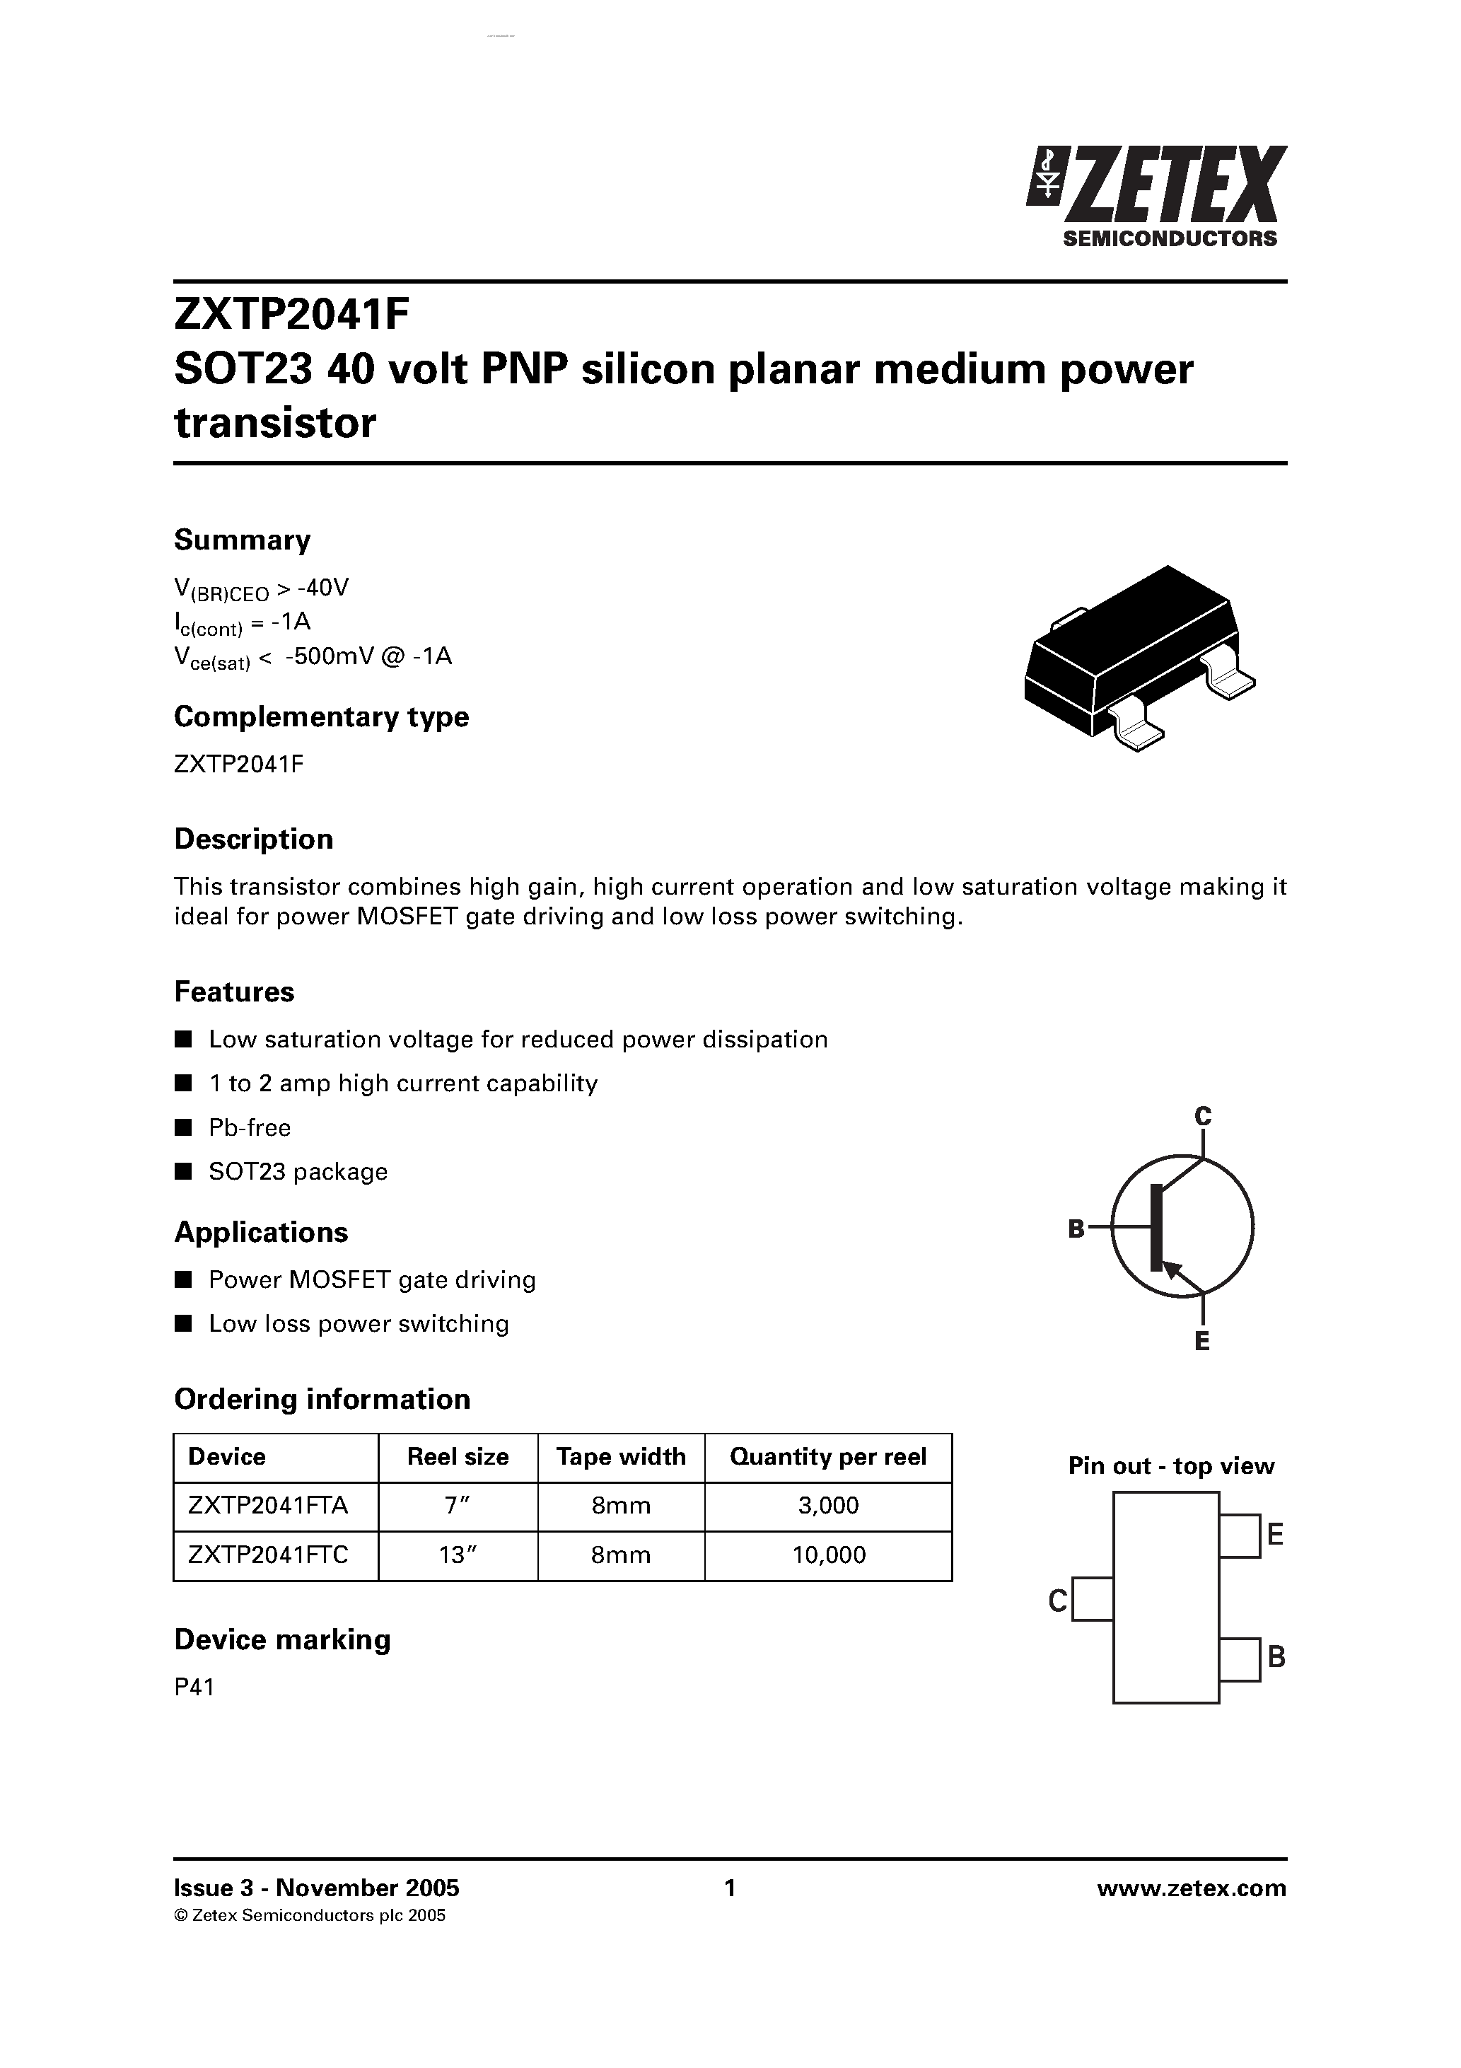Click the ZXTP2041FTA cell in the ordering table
[x=267, y=1505]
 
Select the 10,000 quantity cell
[x=828, y=1555]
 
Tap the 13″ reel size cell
[x=457, y=1555]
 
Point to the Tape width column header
[x=621, y=1456]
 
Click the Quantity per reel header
[x=828, y=1456]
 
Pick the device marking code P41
[x=194, y=1687]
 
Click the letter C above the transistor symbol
[x=1202, y=1116]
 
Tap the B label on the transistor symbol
[x=1076, y=1228]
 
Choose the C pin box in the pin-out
[x=1093, y=1598]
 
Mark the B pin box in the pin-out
[x=1240, y=1660]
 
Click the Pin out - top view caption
[x=1171, y=1466]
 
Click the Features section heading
[x=234, y=992]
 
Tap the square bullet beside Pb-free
[x=184, y=1127]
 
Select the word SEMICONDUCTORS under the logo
[x=1170, y=238]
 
